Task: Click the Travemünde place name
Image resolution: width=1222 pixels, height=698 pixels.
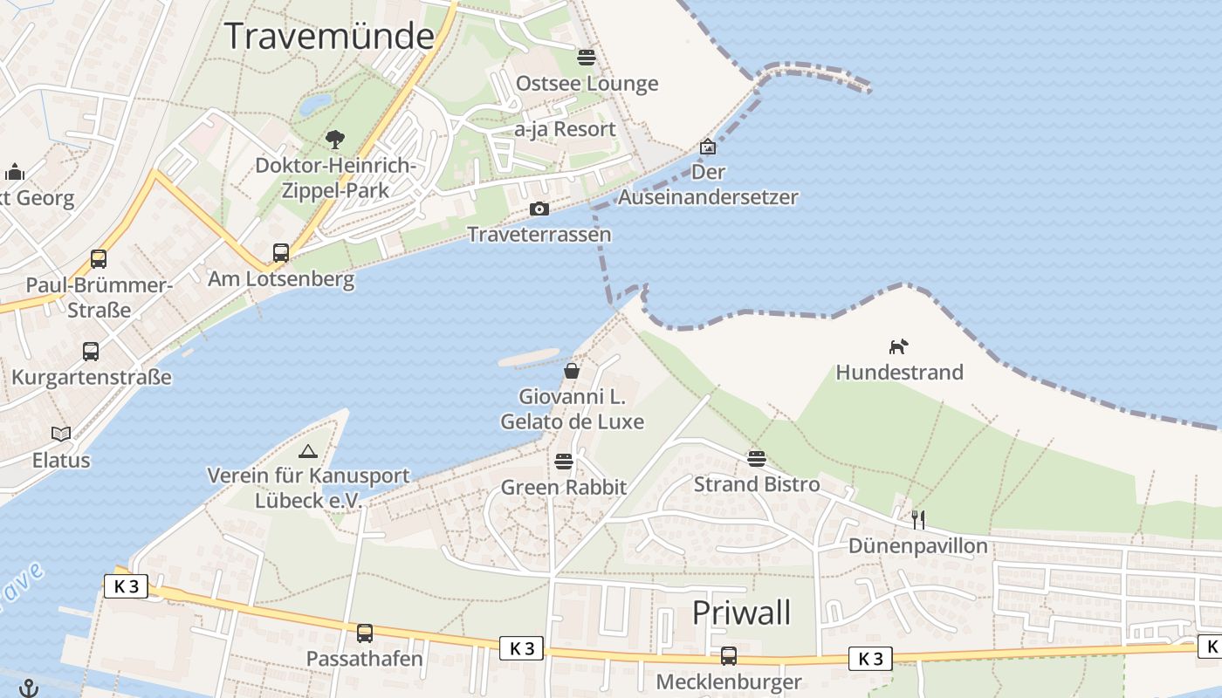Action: click(x=329, y=37)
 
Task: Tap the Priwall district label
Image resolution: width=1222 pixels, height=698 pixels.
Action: click(x=741, y=612)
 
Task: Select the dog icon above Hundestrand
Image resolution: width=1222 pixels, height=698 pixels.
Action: click(x=898, y=346)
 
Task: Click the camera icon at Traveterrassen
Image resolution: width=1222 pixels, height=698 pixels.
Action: click(x=539, y=209)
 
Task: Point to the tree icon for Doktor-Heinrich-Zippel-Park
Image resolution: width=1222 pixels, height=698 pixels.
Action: click(x=334, y=139)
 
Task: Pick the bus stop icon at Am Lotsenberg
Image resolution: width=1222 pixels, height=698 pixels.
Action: click(x=280, y=253)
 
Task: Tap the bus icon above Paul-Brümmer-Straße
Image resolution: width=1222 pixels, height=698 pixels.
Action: click(x=99, y=259)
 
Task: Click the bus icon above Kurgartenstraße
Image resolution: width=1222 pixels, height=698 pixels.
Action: click(x=91, y=352)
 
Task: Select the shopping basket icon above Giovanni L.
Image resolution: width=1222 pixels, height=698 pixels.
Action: click(x=572, y=371)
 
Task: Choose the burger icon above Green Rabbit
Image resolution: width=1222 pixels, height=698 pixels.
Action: click(x=564, y=461)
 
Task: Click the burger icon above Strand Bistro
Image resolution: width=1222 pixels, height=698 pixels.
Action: click(x=756, y=458)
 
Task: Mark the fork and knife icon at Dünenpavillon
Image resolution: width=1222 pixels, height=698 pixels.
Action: click(x=917, y=520)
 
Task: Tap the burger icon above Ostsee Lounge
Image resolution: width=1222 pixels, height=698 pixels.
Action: click(x=586, y=58)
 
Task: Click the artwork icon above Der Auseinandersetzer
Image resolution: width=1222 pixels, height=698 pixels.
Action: click(x=707, y=147)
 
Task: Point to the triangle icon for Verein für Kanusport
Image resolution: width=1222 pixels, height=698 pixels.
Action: click(x=307, y=451)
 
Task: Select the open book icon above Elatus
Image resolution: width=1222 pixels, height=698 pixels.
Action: click(x=61, y=434)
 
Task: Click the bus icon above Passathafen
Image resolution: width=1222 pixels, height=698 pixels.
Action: click(x=364, y=633)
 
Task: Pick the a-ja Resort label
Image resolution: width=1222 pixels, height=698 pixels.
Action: click(x=565, y=129)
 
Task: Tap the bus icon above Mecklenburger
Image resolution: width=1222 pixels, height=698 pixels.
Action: click(x=728, y=655)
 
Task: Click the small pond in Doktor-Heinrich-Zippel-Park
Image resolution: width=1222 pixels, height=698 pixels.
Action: click(x=315, y=106)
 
